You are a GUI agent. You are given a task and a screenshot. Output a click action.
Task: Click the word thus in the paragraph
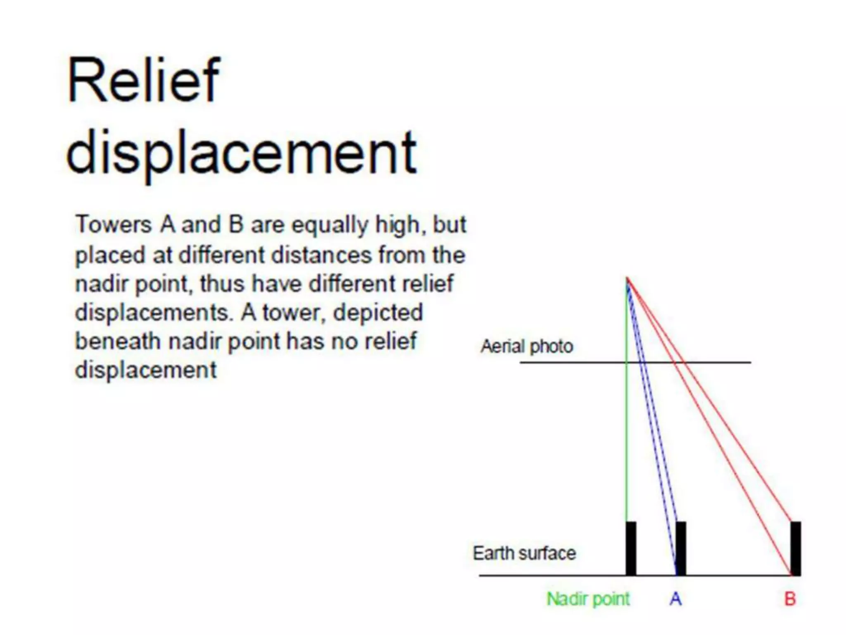pyautogui.click(x=222, y=284)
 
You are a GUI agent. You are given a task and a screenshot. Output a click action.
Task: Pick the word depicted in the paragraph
pyautogui.click(x=378, y=312)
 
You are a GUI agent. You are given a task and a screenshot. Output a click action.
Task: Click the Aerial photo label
pyautogui.click(x=527, y=346)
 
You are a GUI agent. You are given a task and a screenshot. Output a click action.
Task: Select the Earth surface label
pyautogui.click(x=524, y=553)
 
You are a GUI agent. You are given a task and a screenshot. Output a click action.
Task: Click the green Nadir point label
pyautogui.click(x=588, y=599)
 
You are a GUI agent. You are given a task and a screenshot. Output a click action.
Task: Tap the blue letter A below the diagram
pyautogui.click(x=676, y=599)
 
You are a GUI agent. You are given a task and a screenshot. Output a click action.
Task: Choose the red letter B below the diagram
pyautogui.click(x=790, y=599)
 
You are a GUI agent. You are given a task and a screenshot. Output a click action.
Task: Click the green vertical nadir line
pyautogui.click(x=627, y=434)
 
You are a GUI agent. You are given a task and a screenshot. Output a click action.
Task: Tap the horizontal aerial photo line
pyautogui.click(x=578, y=363)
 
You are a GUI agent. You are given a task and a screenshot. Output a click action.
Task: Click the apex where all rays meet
pyautogui.click(x=627, y=278)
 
